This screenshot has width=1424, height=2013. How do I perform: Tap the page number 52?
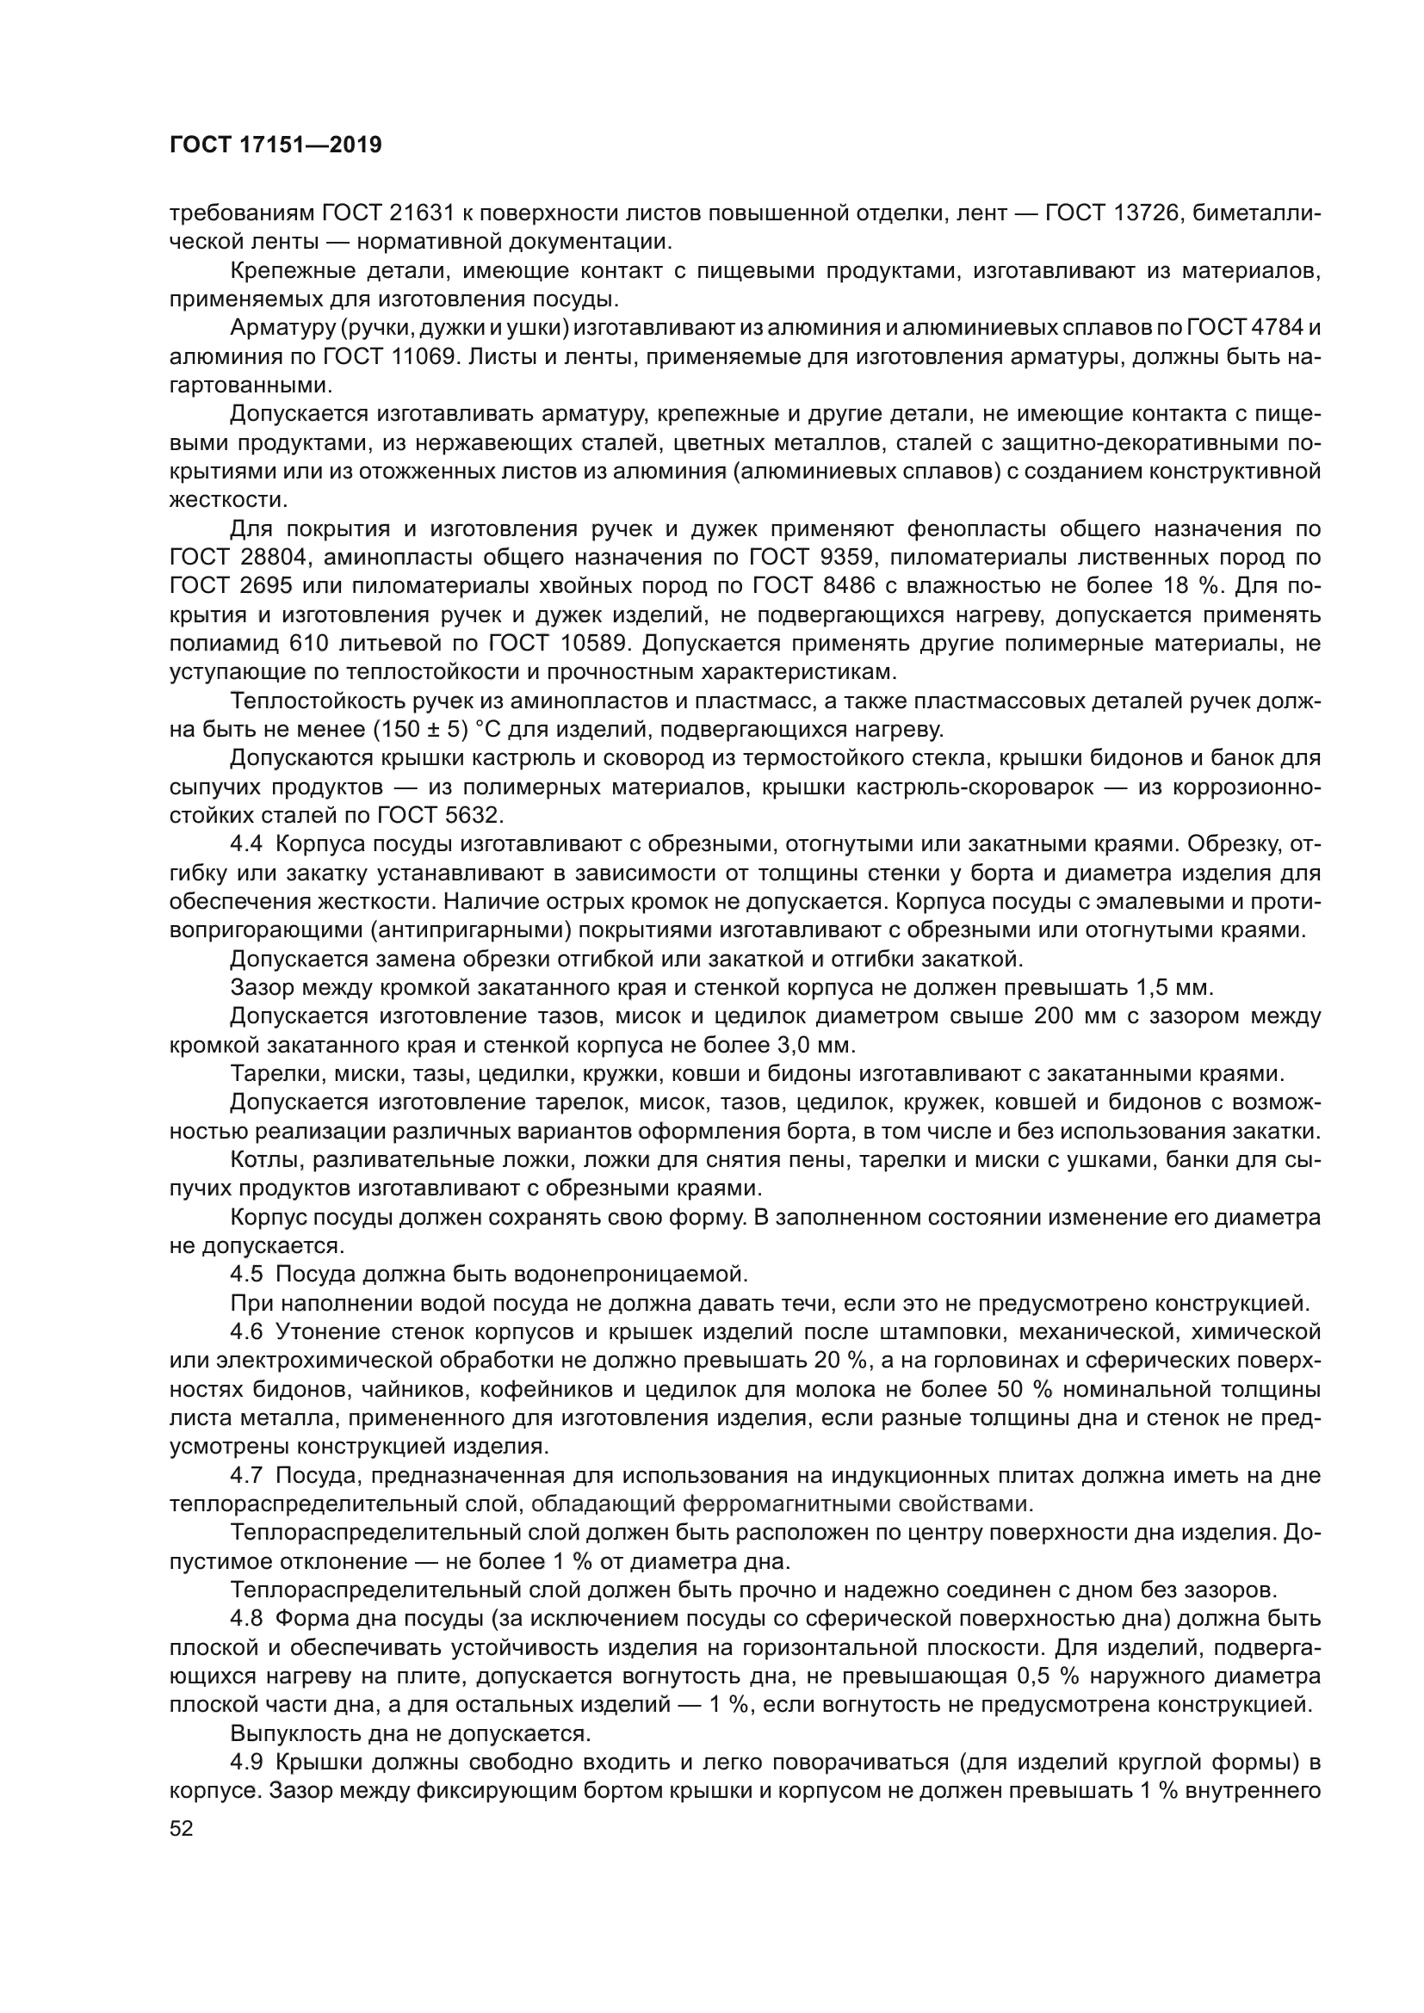182,1828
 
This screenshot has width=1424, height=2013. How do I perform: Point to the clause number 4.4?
246,845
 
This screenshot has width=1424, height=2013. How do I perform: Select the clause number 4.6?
246,1332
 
